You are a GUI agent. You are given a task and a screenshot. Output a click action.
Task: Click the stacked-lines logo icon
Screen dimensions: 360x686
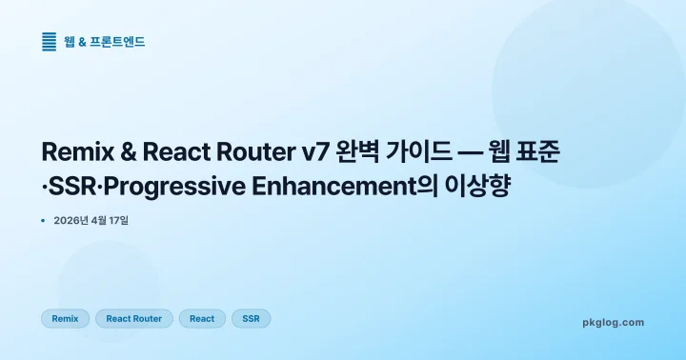tap(50, 42)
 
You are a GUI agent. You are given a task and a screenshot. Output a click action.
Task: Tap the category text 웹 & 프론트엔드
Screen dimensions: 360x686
tap(105, 42)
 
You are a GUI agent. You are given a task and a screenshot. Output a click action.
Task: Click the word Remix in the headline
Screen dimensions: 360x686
tap(77, 152)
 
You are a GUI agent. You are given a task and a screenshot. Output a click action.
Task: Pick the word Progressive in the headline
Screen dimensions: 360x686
tap(164, 187)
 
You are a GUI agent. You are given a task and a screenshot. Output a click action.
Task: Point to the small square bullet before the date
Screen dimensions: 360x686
tap(44, 221)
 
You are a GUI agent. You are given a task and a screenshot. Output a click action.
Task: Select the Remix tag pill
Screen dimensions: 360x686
tap(65, 318)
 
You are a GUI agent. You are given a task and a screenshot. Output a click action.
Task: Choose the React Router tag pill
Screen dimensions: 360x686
tap(134, 318)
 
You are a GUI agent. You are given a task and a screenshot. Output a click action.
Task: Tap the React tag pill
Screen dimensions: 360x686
tap(202, 318)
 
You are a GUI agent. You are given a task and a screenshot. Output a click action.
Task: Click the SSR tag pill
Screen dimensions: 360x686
tap(252, 318)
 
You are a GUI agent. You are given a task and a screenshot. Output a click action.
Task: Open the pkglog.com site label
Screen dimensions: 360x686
tap(613, 322)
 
